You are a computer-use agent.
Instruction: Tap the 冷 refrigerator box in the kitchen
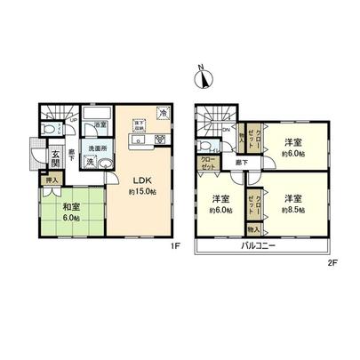(164, 113)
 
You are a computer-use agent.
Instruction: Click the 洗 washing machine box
(89, 163)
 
